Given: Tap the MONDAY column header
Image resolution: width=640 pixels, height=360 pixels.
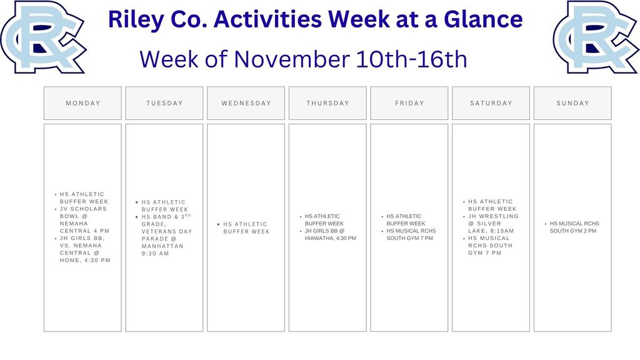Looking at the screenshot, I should click(82, 103).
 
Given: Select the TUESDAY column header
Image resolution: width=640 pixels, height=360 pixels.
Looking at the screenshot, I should click(164, 103).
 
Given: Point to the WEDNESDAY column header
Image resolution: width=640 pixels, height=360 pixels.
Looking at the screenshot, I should click(246, 103).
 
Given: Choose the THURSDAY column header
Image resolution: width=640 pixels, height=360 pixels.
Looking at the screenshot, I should click(327, 103).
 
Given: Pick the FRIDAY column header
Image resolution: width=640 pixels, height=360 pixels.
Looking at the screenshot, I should click(409, 103).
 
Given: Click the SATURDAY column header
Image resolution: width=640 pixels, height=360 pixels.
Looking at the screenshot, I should click(491, 103).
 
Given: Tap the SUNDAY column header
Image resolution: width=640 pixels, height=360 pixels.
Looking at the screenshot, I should click(572, 103).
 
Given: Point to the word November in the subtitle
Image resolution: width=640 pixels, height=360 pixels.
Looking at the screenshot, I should click(292, 59).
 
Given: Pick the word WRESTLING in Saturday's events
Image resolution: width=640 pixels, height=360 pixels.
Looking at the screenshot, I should click(497, 216).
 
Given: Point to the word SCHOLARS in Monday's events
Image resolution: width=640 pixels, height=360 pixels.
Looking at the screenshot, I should click(89, 209).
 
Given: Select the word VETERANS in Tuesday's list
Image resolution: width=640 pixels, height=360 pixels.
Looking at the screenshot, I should click(158, 231).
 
